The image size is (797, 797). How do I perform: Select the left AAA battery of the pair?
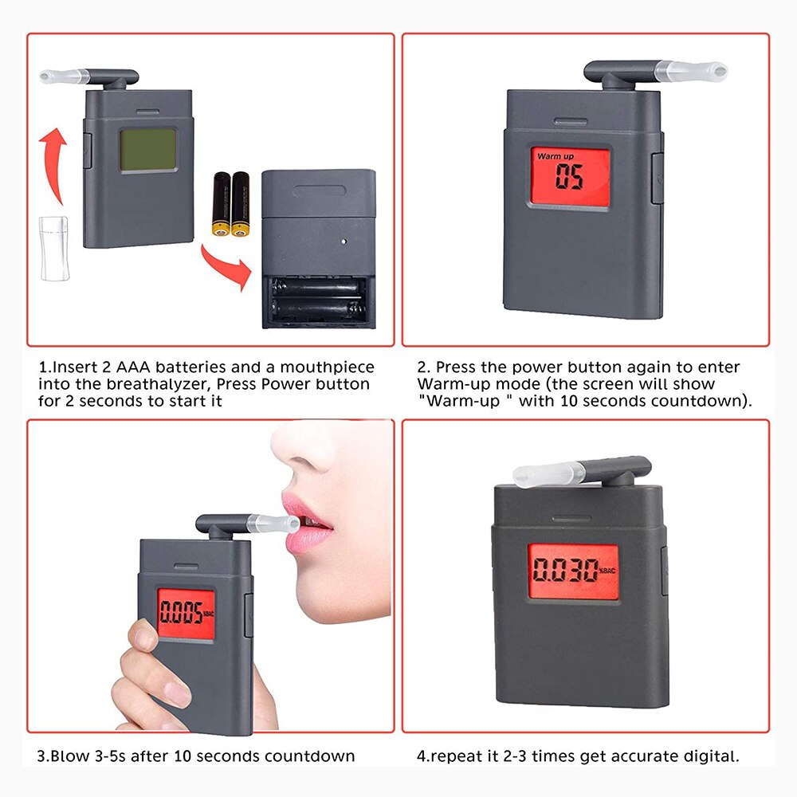pyautogui.click(x=221, y=203)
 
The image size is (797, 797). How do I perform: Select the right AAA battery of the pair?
pyautogui.click(x=240, y=203)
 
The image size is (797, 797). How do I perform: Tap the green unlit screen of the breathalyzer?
pyautogui.click(x=147, y=151)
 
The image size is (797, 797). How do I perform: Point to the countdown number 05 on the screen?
pyautogui.click(x=570, y=178)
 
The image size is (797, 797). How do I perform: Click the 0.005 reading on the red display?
pyautogui.click(x=180, y=613)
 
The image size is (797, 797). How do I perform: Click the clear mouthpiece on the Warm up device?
pyautogui.click(x=689, y=70)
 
